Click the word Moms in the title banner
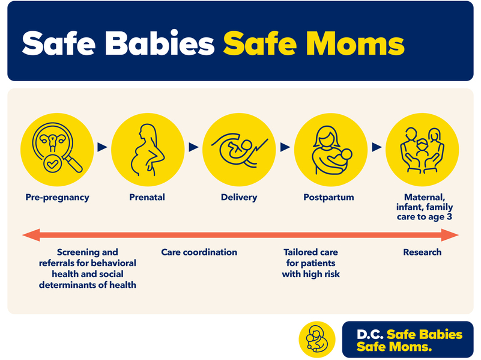355,43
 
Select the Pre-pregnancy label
58,198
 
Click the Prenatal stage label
147,197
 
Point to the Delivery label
239,197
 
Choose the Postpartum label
328,197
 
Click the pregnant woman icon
148,150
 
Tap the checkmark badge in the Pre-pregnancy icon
52,164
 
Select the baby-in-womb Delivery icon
240,150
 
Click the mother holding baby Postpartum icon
331,150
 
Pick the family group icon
422,150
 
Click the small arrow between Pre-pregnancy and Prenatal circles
102,147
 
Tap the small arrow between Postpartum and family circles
377,147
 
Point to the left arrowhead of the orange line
31,235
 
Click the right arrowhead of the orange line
450,235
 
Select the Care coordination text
199,252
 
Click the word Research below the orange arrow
422,252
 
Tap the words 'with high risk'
310,274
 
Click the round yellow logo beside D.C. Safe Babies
317,339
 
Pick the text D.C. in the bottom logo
370,335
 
